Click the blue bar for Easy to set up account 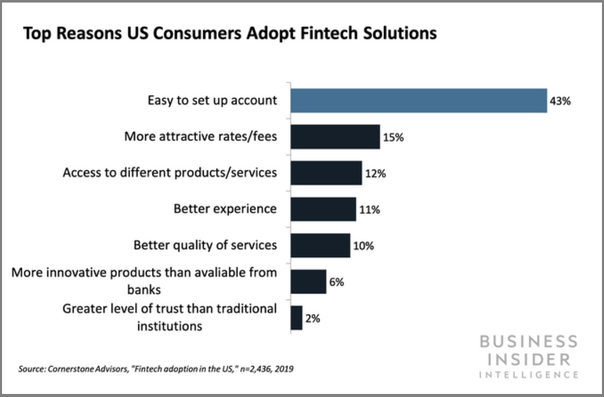[419, 100]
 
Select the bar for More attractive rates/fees [335, 137]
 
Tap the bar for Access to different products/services [326, 173]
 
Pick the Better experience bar [323, 209]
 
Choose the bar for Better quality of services [320, 246]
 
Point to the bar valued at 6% [308, 282]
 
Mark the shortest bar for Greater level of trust [297, 318]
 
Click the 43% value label [560, 101]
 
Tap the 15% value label [393, 137]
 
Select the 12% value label [375, 173]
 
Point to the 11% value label [369, 209]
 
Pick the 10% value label [363, 246]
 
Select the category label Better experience [225, 209]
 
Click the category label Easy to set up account [212, 100]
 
